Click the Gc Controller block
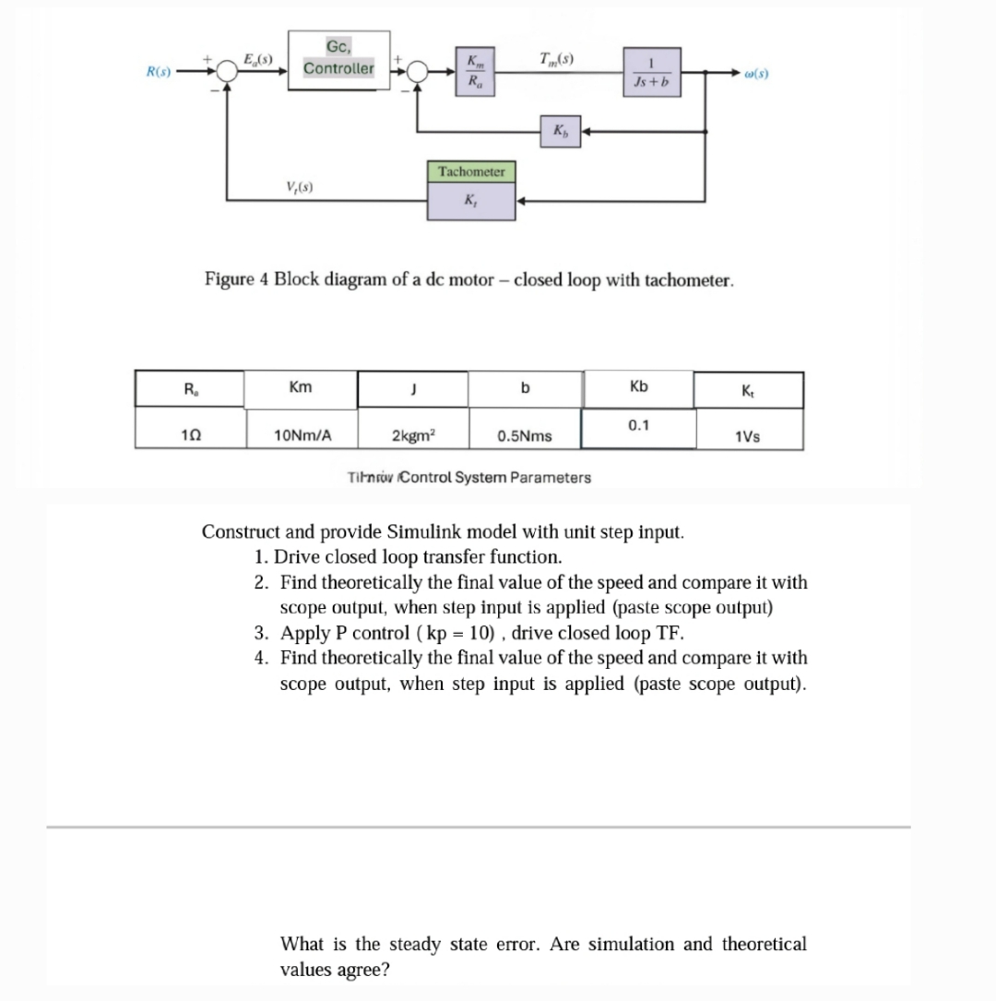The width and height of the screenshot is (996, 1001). click(338, 61)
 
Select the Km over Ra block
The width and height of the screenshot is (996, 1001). click(475, 71)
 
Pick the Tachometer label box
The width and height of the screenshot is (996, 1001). click(471, 172)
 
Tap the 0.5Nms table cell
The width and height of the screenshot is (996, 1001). click(525, 435)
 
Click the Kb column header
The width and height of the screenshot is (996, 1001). click(638, 387)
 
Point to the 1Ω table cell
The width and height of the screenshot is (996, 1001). click(189, 435)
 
